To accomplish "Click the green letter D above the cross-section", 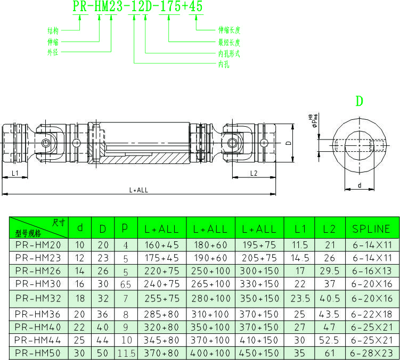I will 359,101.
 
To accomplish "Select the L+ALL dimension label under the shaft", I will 139,190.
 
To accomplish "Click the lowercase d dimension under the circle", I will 360,185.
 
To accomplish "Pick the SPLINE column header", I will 371,229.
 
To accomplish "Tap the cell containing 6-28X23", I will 371,353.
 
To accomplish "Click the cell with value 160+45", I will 161,246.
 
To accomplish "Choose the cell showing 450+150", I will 259,353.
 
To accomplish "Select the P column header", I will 125,229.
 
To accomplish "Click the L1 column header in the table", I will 300,229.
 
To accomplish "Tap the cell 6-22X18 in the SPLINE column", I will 371,314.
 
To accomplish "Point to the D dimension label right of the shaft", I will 288,143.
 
